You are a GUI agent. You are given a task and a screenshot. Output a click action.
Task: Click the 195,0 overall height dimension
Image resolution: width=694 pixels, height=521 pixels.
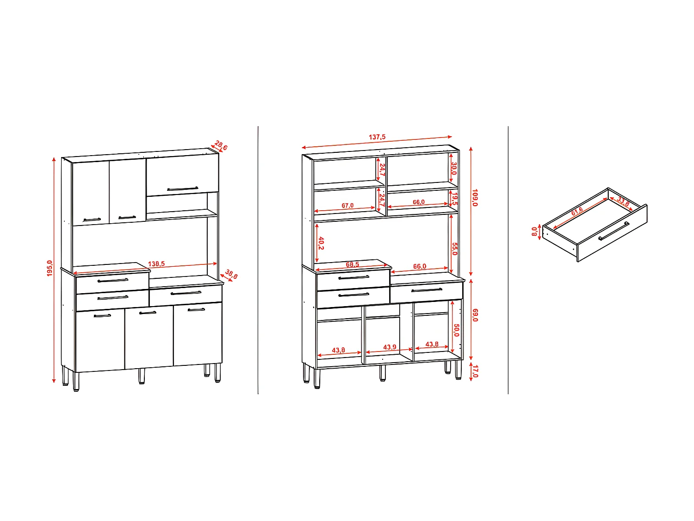coord(50,268)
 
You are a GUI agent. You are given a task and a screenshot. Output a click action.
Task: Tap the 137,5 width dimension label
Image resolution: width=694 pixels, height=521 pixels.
coord(377,137)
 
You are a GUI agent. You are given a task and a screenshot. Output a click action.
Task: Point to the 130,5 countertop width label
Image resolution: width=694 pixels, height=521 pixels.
coord(156,264)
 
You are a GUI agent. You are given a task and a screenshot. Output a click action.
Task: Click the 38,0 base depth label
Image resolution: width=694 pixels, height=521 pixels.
coord(231,274)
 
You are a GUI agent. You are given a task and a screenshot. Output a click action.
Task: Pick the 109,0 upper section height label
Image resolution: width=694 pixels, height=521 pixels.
coord(475,197)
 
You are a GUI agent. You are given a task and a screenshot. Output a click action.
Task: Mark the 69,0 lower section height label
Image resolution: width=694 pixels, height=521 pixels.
coord(475,315)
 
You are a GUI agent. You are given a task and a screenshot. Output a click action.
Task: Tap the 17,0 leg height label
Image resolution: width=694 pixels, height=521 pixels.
coord(475,371)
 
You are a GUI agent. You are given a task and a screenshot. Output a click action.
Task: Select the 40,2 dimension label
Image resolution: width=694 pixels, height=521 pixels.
coord(321,243)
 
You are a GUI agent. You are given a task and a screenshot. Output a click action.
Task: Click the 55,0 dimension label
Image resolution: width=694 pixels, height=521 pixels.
coord(454,249)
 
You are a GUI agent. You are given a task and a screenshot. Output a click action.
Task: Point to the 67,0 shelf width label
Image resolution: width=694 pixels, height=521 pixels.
coord(347,206)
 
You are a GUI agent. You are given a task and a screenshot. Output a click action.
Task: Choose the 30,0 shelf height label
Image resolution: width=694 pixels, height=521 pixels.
coord(454,169)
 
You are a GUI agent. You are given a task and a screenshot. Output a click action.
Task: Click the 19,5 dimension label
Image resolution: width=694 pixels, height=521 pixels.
coord(454,199)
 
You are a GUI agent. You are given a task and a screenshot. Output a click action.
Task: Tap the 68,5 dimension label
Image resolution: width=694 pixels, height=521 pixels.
coord(353,265)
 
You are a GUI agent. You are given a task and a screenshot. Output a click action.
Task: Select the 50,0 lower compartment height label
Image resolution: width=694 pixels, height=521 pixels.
coord(456,330)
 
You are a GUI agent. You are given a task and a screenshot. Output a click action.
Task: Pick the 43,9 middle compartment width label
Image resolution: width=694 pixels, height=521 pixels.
coord(390,347)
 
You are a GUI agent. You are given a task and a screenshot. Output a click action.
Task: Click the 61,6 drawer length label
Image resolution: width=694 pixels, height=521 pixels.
coord(577,212)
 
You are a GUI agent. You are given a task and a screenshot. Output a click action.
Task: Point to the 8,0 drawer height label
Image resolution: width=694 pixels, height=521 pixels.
coord(534,231)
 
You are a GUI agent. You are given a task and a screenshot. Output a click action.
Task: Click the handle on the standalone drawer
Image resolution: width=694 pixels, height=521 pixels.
coord(613,231)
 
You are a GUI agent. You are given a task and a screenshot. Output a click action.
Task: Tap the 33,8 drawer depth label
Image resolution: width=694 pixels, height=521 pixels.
coord(623,202)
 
